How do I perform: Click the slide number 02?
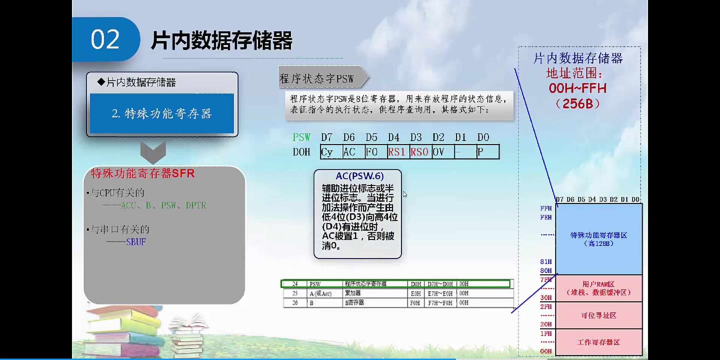coord(105,39)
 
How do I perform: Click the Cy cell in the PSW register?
coord(331,152)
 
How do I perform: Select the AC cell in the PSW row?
coord(353,152)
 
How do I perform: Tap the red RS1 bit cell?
coord(398,152)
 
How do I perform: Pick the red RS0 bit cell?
coord(420,152)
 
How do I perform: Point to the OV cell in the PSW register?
coord(442,152)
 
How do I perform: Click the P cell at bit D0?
coord(487,152)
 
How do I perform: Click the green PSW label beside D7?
coord(301,137)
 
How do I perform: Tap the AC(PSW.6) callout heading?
coord(359,176)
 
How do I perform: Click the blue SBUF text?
coord(136,242)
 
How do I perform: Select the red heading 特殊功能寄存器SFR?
coord(142,174)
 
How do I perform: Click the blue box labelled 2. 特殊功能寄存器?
coord(162,113)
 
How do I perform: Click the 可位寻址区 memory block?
coord(598,315)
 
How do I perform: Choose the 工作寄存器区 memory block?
coord(598,342)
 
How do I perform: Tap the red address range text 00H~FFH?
coord(577,88)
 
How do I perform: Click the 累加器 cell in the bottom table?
coord(353,293)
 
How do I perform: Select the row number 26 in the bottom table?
coord(295,303)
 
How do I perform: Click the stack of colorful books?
coord(124,330)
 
